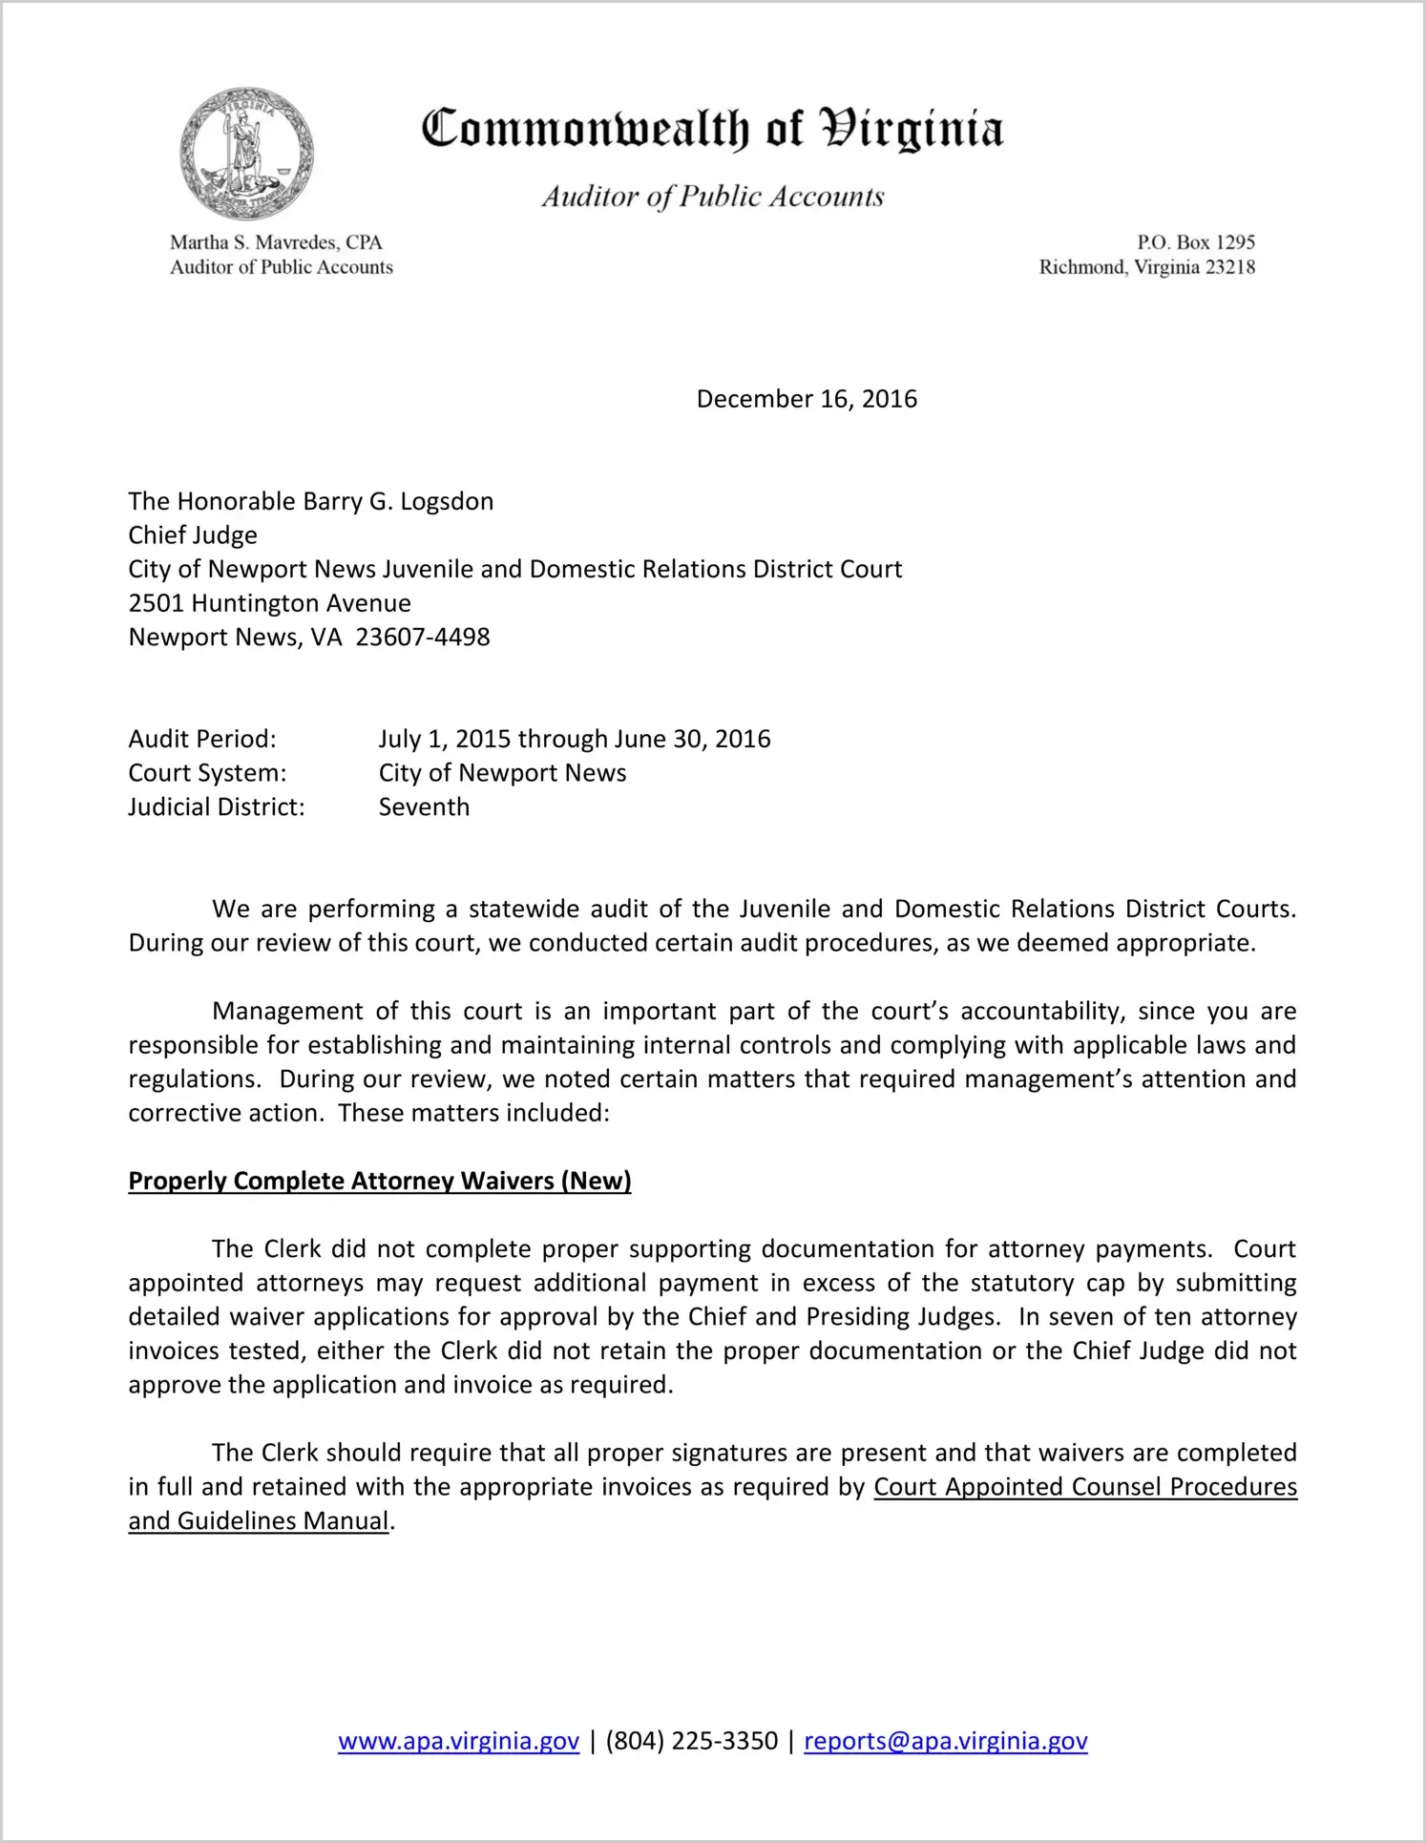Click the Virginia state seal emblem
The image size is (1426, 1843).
[x=246, y=154]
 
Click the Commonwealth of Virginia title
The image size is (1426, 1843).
[x=712, y=129]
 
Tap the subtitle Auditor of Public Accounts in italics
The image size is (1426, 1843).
[x=713, y=197]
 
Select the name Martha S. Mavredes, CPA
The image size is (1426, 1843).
[x=276, y=242]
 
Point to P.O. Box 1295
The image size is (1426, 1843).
[x=1195, y=242]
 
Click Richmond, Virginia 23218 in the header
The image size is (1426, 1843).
[x=1146, y=267]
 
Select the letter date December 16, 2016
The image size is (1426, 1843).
[x=807, y=399]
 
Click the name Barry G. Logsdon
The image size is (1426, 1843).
[x=398, y=502]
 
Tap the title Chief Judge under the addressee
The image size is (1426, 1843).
[x=193, y=535]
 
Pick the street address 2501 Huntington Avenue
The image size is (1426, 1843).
[x=270, y=603]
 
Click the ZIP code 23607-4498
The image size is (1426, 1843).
[x=423, y=638]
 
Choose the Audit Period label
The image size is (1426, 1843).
[x=202, y=739]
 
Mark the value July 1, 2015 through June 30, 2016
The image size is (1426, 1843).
[x=575, y=739]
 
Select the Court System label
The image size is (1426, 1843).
[x=207, y=773]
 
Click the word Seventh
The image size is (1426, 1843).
[x=424, y=807]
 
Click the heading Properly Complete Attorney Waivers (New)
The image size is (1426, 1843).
[x=380, y=1181]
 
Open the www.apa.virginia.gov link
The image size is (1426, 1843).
[x=458, y=1741]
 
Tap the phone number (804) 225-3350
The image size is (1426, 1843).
[x=692, y=1741]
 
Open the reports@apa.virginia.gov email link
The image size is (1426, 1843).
[x=945, y=1741]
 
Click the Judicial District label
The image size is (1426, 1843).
[x=217, y=807]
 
